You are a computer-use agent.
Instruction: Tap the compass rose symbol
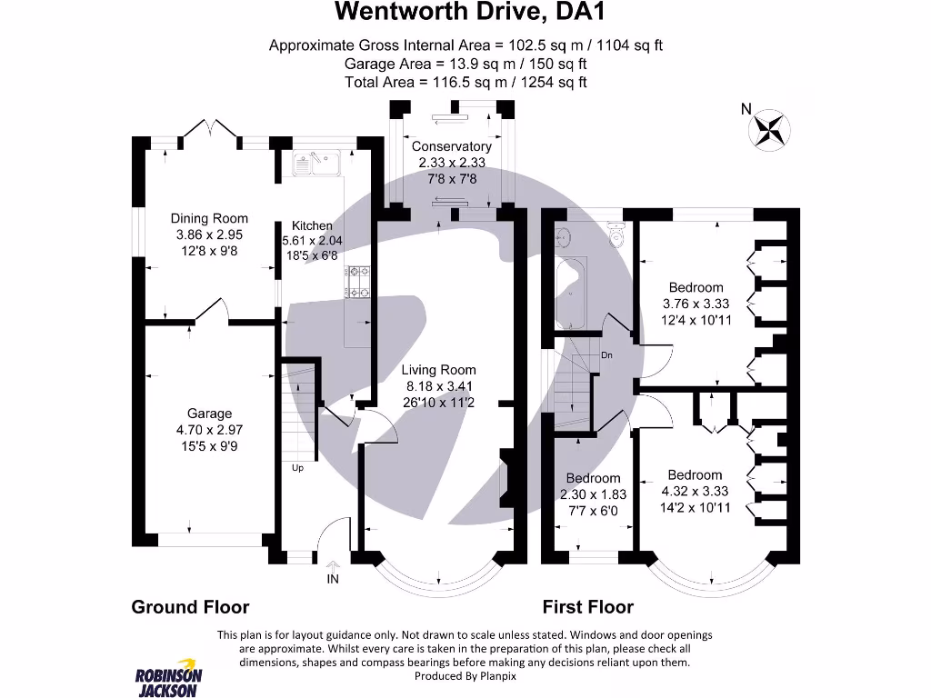point(768,128)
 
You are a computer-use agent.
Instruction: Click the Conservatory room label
point(451,146)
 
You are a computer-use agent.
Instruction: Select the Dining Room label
point(209,218)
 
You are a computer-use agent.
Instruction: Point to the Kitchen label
point(312,226)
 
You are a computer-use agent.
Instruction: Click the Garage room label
point(210,414)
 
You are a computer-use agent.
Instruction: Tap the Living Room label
point(439,370)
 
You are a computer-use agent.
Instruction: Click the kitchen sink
point(315,163)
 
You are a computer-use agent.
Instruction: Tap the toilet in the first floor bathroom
point(616,238)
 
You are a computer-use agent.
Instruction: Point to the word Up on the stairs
point(297,469)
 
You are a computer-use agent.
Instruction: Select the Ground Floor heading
point(190,607)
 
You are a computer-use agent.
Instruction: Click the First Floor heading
point(588,607)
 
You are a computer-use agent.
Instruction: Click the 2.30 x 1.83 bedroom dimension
point(594,494)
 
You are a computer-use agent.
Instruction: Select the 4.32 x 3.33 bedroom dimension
point(695,491)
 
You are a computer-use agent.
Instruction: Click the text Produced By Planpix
point(465,676)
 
